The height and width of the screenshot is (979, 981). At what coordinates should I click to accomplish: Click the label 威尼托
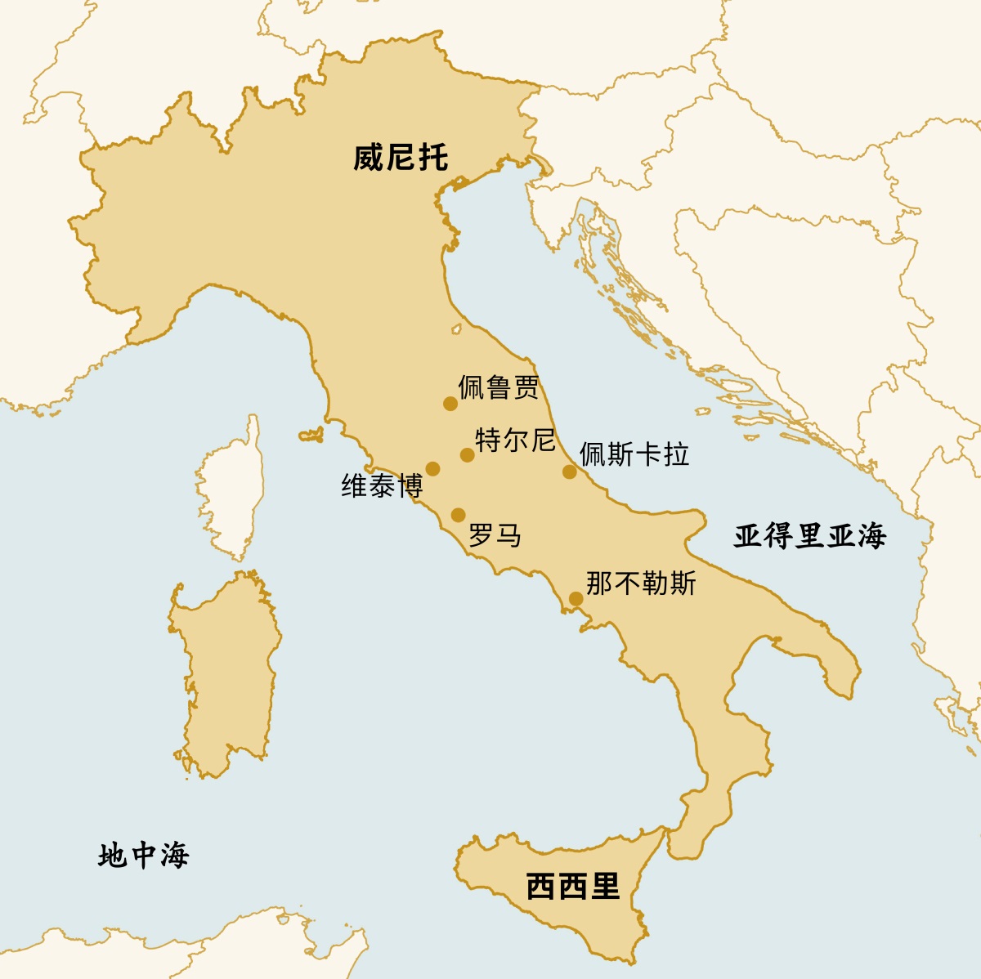click(401, 157)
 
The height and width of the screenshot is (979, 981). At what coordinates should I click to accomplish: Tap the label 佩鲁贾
click(499, 387)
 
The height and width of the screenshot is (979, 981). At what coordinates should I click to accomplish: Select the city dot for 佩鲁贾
click(450, 404)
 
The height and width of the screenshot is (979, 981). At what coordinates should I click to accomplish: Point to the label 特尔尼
click(515, 440)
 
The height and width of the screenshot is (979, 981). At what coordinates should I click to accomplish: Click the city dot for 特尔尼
click(467, 455)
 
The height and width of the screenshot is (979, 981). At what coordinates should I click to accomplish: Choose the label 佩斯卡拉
click(634, 454)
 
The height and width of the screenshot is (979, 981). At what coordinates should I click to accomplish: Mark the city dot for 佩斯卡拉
click(570, 472)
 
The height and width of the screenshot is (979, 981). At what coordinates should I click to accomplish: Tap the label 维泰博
click(382, 486)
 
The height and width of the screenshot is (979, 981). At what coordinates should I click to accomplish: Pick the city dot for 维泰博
click(433, 469)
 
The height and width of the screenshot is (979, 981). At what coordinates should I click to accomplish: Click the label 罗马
click(495, 536)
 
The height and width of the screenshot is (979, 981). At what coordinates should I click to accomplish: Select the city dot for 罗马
click(459, 515)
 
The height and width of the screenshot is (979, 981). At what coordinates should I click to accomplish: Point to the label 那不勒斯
click(641, 583)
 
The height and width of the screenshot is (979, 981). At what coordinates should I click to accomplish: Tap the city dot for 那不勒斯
click(576, 599)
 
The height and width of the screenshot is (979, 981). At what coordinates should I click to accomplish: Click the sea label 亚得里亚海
click(809, 536)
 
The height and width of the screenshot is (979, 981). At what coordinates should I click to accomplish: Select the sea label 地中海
click(143, 856)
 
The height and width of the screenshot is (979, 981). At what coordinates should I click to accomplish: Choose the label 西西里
click(573, 886)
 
